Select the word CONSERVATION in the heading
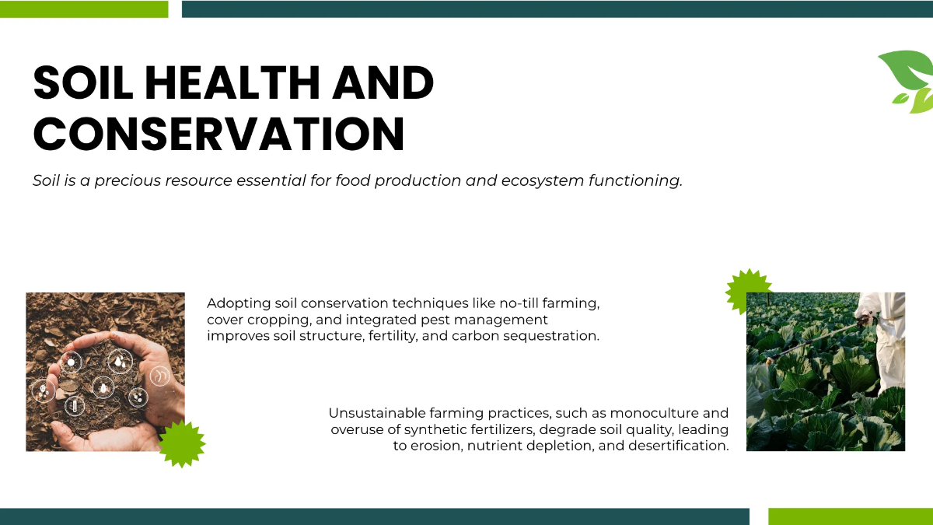(x=218, y=133)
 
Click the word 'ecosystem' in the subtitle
(x=541, y=180)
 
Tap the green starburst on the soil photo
(x=182, y=443)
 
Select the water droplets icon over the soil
(x=120, y=360)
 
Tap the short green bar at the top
(x=84, y=9)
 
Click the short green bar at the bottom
(x=851, y=516)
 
